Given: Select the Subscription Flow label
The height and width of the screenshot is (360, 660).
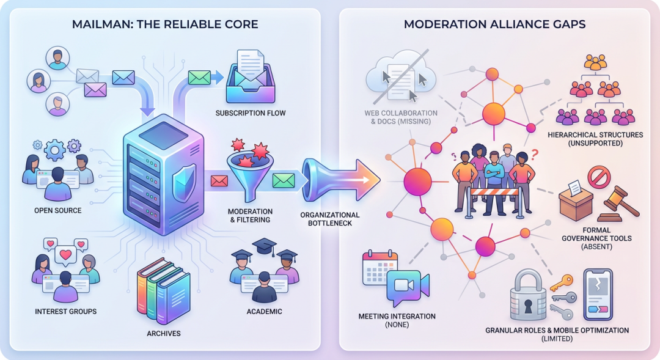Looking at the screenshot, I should tap(251, 113).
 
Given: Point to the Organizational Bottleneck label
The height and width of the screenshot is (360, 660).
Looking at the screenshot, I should tap(330, 219).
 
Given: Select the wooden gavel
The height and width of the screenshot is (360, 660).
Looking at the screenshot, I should tap(618, 204).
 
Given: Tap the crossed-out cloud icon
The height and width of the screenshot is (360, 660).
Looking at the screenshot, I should tap(401, 79).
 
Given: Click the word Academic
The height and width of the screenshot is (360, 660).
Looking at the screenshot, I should tap(265, 311).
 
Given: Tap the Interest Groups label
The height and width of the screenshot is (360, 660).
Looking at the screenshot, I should tap(65, 311).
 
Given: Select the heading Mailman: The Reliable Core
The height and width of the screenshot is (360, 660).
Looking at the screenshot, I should tap(165, 25).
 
